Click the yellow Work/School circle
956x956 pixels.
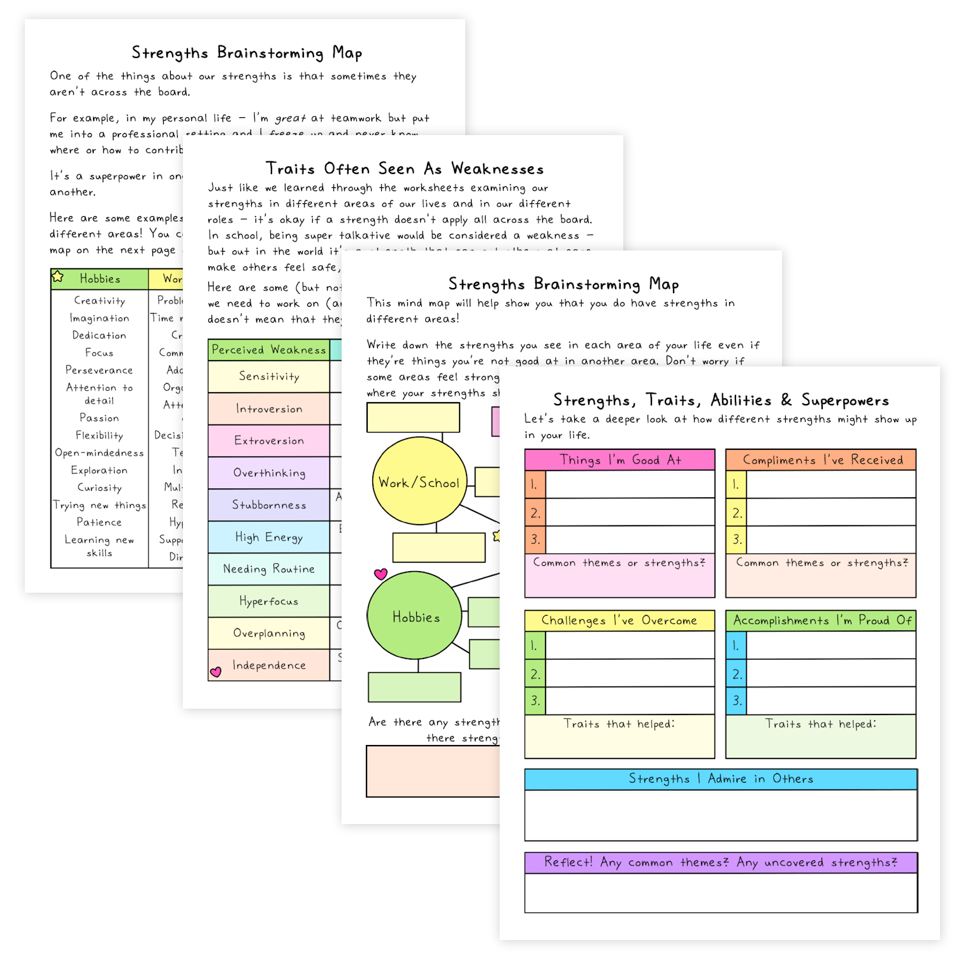coord(419,482)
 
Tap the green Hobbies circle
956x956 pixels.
coord(415,616)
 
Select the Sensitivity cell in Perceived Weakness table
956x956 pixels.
coord(269,377)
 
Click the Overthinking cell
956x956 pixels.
coord(269,473)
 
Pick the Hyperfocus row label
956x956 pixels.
coord(269,601)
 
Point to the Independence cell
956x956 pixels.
coord(269,665)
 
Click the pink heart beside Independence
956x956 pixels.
coord(216,672)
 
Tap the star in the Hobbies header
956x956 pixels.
coord(58,277)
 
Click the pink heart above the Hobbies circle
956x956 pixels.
coord(380,574)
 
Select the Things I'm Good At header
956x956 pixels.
coord(619,460)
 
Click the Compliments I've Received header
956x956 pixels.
coord(821,460)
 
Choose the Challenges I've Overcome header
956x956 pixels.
coord(619,620)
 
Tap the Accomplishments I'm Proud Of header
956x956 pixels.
coord(821,620)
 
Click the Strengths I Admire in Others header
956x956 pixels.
coord(721,779)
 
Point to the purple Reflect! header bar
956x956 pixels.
coord(721,862)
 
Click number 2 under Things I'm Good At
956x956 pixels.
coord(535,512)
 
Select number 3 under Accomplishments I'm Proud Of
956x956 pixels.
coord(736,700)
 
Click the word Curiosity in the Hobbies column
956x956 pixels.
coord(99,488)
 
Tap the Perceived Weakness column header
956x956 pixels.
coord(268,350)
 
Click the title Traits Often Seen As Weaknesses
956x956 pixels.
coord(404,169)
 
